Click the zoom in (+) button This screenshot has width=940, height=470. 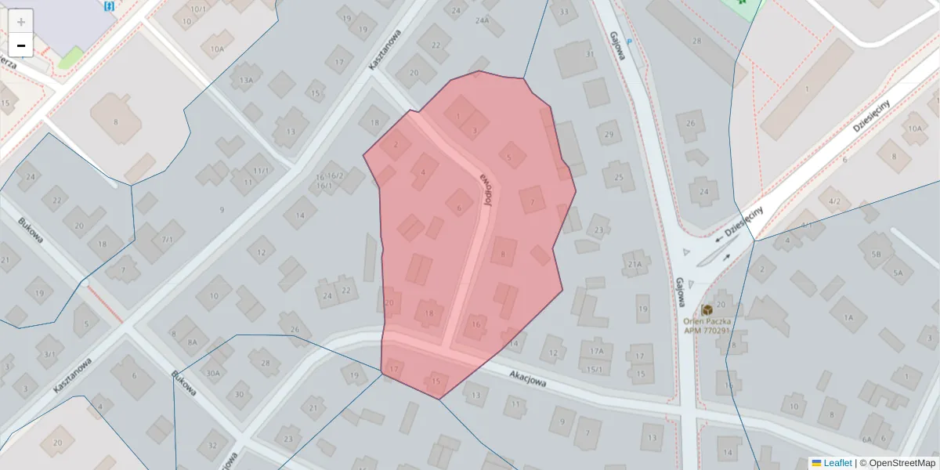pyautogui.click(x=20, y=21)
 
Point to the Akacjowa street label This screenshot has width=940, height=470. pyautogui.click(x=529, y=380)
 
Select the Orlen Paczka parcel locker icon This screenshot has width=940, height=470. pyautogui.click(x=707, y=310)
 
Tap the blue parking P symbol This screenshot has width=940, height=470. pyautogui.click(x=630, y=39)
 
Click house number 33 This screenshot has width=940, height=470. pyautogui.click(x=564, y=11)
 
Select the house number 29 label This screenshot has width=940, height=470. pyautogui.click(x=609, y=135)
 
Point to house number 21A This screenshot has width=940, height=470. pyautogui.click(x=634, y=264)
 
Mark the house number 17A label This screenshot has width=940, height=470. pyautogui.click(x=597, y=352)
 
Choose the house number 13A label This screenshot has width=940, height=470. pyautogui.click(x=246, y=80)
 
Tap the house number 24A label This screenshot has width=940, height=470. pyautogui.click(x=482, y=21)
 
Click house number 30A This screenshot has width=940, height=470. pyautogui.click(x=213, y=373)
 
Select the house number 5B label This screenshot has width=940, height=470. pyautogui.click(x=876, y=254)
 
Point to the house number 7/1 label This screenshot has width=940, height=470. pyautogui.click(x=167, y=239)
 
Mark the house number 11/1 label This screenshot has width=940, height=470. pyautogui.click(x=260, y=170)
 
